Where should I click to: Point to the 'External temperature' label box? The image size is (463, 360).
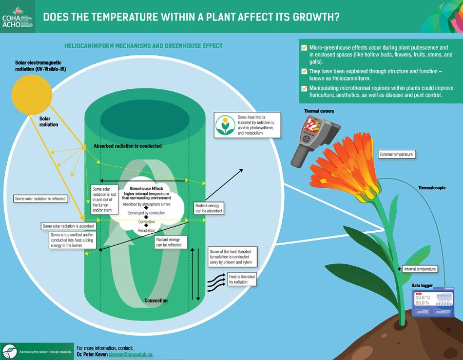pos(396,154)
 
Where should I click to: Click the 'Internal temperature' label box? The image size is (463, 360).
pos(420,269)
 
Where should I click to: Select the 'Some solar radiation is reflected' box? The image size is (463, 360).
pos(41,198)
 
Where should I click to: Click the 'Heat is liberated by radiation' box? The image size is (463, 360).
pos(242,279)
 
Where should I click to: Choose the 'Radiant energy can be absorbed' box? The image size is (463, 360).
pos(209,208)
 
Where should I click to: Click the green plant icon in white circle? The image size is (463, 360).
pos(224,125)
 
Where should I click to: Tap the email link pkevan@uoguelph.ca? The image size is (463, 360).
pos(131,354)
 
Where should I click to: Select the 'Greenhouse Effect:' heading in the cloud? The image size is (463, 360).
pos(146,189)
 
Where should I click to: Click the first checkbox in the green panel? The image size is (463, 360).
pos(305,48)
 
